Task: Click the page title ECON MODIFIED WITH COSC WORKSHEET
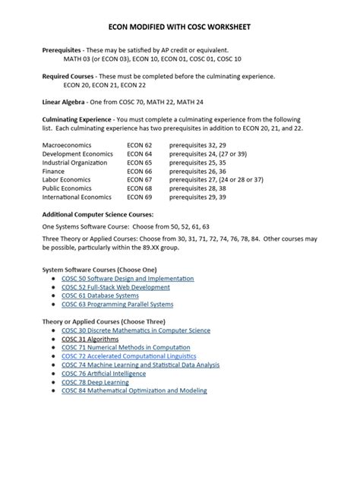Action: coord(179,27)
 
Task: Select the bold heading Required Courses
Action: coord(67,77)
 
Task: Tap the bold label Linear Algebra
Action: coord(63,100)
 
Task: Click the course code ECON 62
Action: coord(140,144)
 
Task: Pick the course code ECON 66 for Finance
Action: coord(140,171)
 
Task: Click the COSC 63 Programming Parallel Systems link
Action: coord(118,305)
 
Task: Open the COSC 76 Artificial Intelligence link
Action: coord(106,374)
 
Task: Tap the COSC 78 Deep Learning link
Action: coord(96,382)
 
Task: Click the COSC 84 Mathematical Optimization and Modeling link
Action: coord(134,390)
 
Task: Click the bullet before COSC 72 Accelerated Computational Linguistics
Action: coord(52,356)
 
